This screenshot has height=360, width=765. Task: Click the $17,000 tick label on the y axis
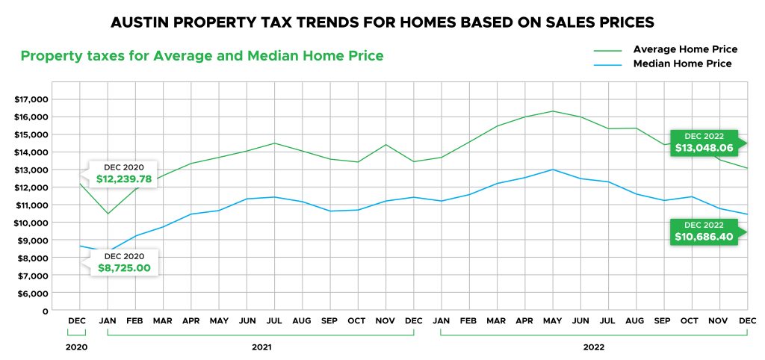click(x=31, y=99)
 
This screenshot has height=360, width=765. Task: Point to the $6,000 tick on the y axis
click(x=32, y=294)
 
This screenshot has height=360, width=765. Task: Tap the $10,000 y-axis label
click(x=31, y=223)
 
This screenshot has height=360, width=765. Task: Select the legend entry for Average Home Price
click(x=684, y=49)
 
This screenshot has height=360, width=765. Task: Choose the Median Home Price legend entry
click(x=681, y=64)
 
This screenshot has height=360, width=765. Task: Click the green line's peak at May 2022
click(x=552, y=111)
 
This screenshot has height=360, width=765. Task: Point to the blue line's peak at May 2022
click(x=552, y=170)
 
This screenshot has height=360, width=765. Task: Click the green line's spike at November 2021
click(x=385, y=145)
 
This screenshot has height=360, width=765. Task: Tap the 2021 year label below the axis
click(x=261, y=347)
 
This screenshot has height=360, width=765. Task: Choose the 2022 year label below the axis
click(x=594, y=347)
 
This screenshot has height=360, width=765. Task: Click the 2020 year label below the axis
click(x=76, y=347)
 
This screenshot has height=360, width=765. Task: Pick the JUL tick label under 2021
click(x=275, y=322)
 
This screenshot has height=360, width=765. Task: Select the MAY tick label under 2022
click(x=552, y=322)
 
